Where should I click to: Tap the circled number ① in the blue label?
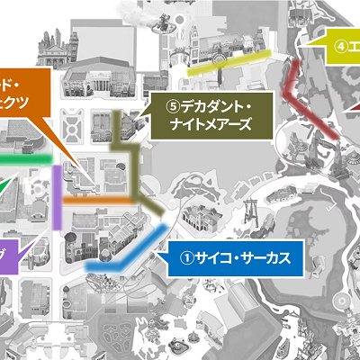(x=186, y=259)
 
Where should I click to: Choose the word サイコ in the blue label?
(x=211, y=259)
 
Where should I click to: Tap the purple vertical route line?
(x=57, y=198)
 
